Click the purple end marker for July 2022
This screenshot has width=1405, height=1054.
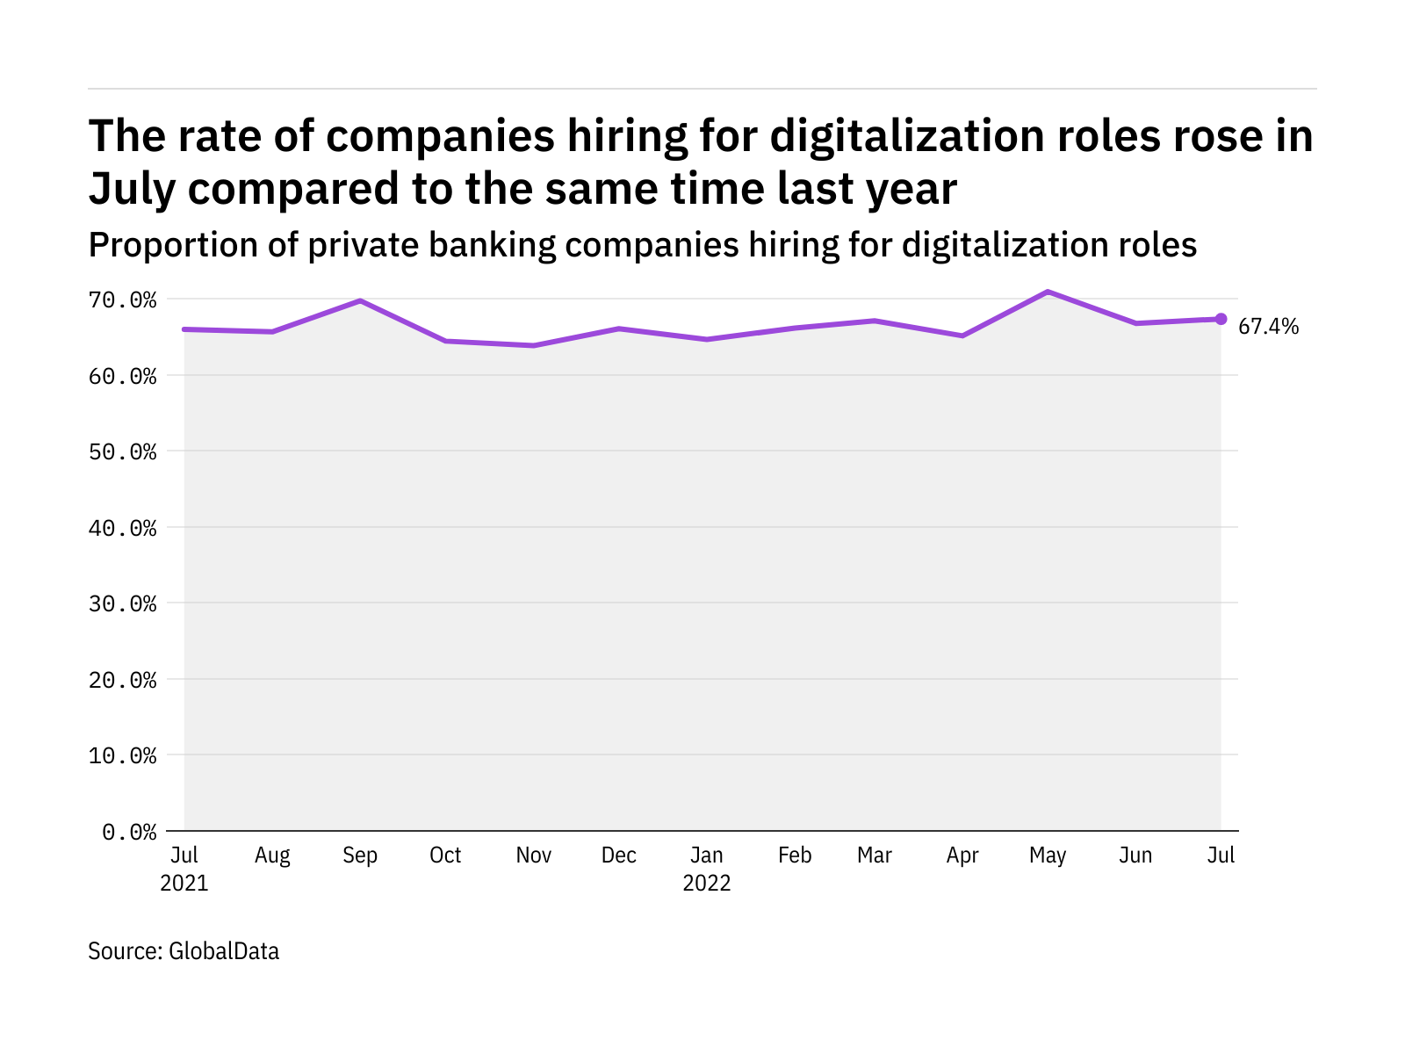coord(1221,319)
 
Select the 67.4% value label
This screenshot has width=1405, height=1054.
coord(1268,327)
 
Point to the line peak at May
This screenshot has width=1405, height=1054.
coord(1048,292)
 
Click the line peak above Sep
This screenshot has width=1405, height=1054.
coord(360,301)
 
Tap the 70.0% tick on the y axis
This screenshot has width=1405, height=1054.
coord(122,300)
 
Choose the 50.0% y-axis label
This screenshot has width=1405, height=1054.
coord(122,452)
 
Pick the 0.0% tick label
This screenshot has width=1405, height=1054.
coord(129,832)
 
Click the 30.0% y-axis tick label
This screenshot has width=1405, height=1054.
coord(122,604)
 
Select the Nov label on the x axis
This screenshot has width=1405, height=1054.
coord(533,855)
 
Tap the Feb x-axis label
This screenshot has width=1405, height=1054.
coord(795,855)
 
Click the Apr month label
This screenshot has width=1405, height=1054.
coord(962,855)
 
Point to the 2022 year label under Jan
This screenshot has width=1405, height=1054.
coord(707,884)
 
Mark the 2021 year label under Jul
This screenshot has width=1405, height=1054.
coord(184,884)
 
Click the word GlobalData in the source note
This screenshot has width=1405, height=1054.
coord(224,951)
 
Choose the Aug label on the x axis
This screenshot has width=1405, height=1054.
coord(272,855)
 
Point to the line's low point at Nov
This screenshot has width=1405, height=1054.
coord(533,345)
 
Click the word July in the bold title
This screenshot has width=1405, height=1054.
coord(132,190)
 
